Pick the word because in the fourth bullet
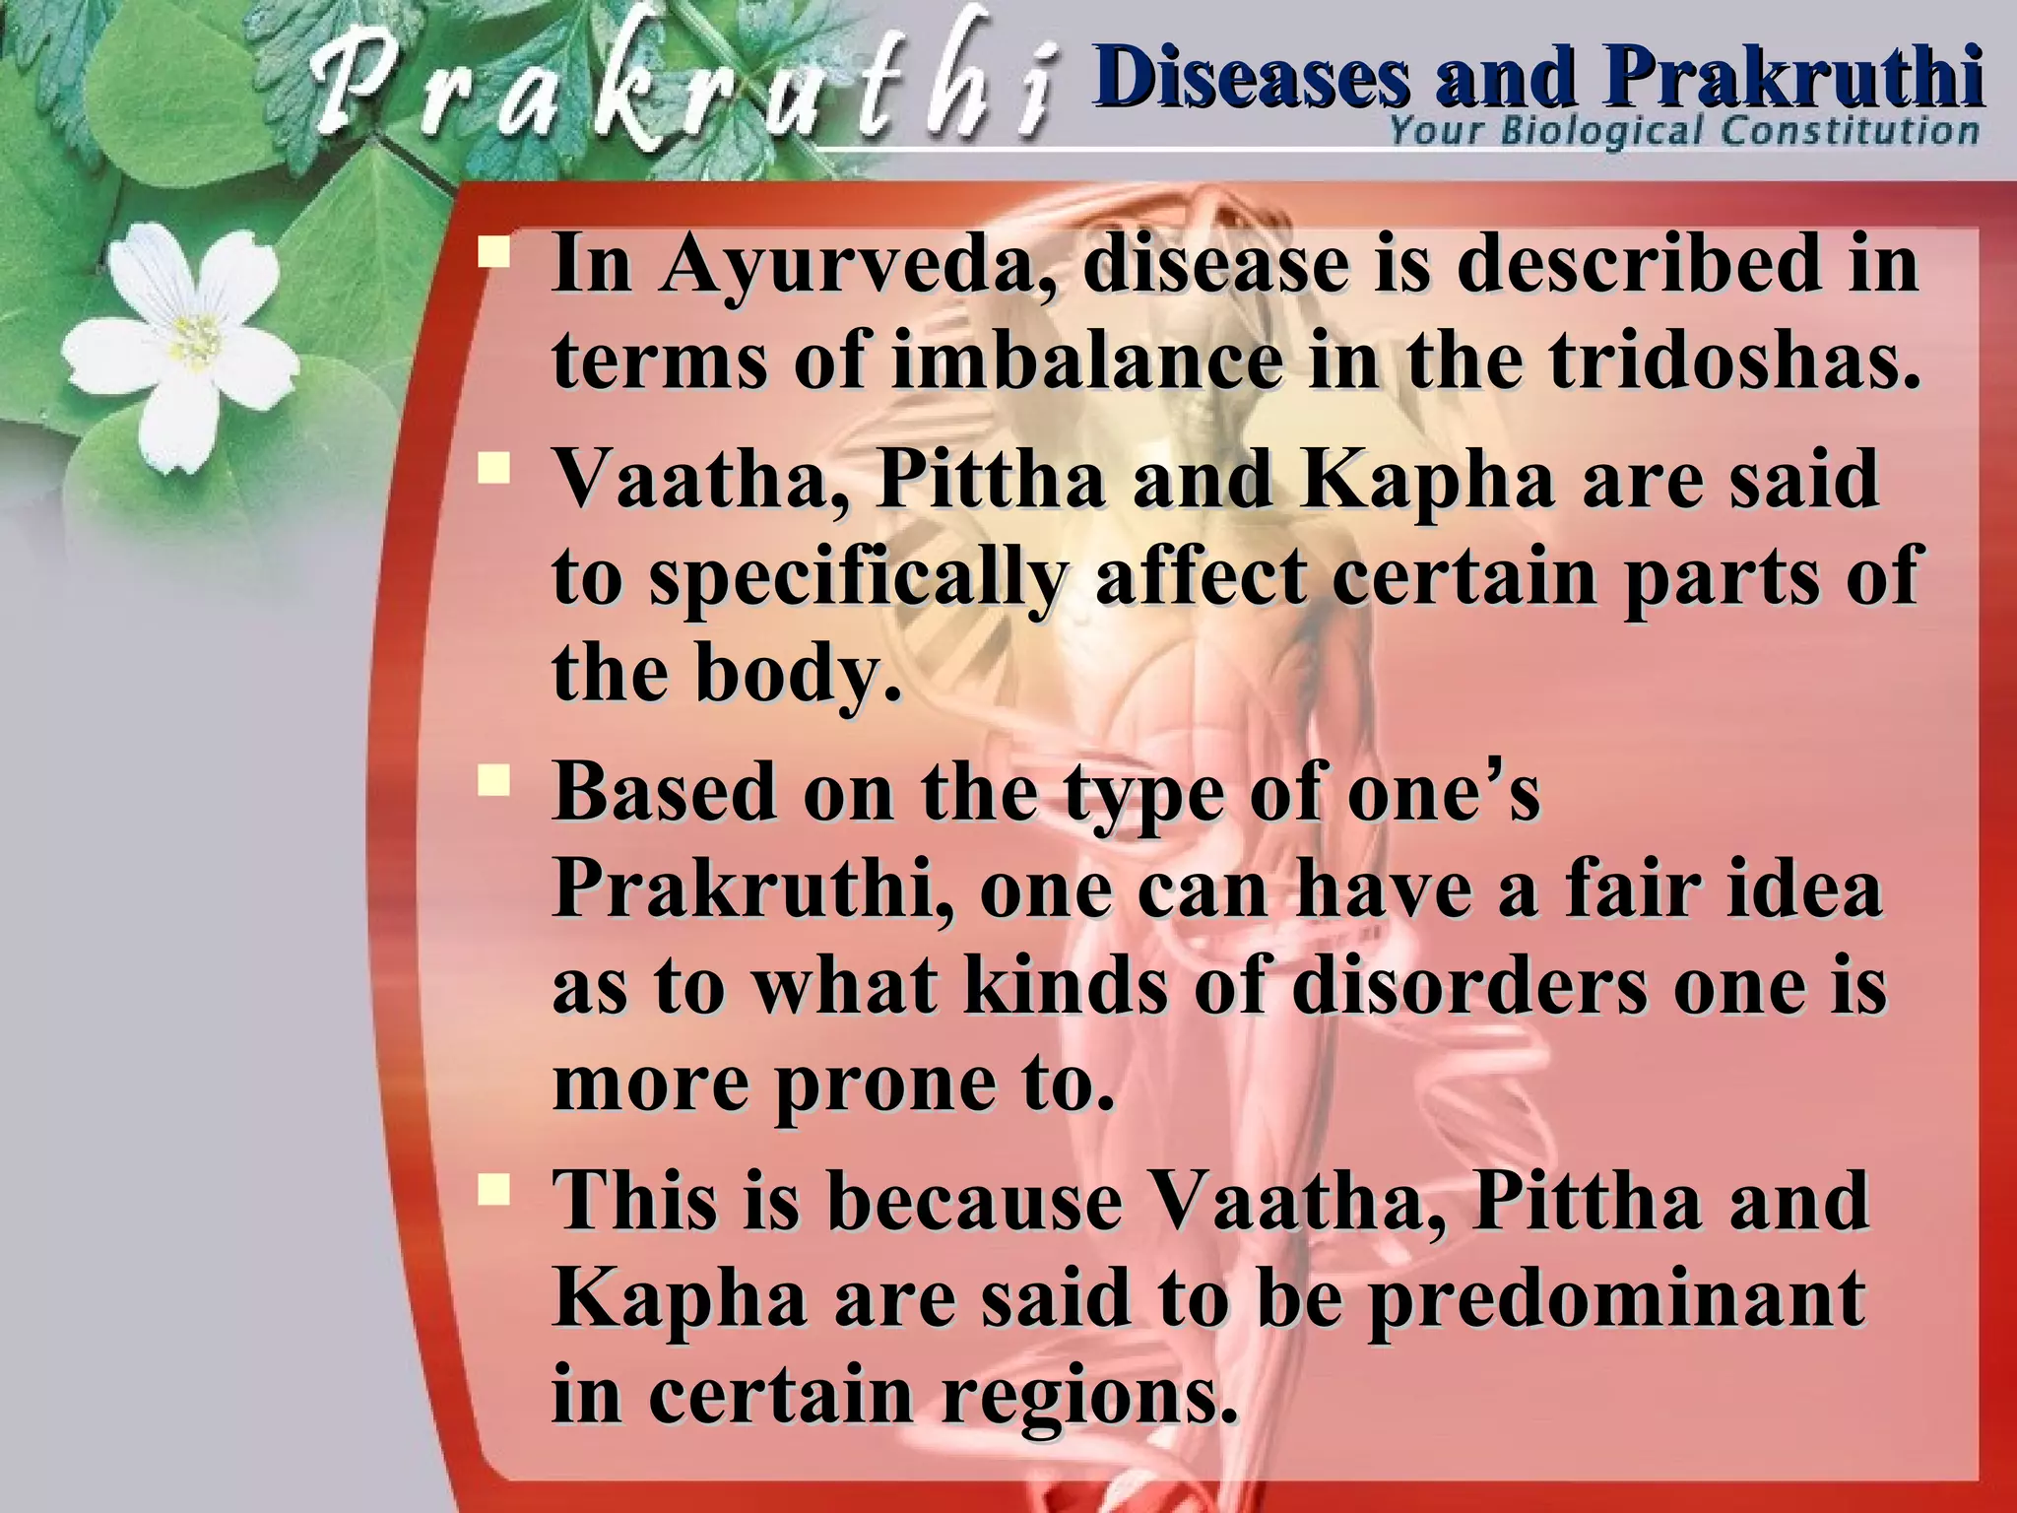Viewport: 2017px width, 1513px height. (x=975, y=1202)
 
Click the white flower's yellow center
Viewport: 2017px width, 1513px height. (x=197, y=340)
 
